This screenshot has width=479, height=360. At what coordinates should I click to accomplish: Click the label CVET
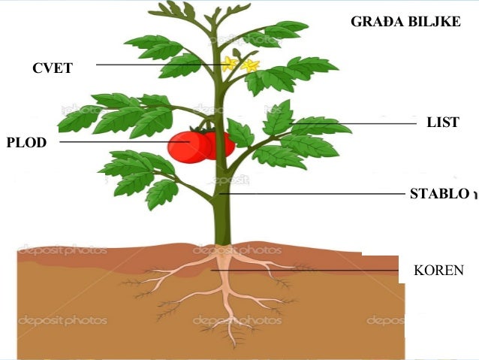(x=53, y=68)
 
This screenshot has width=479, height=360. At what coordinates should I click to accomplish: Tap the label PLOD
(x=26, y=142)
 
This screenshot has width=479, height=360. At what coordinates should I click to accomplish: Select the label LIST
(x=442, y=123)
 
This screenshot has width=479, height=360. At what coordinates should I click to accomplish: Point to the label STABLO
(x=438, y=194)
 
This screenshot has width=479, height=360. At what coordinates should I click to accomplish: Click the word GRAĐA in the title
(x=377, y=22)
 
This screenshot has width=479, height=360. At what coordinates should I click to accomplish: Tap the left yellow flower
(x=229, y=64)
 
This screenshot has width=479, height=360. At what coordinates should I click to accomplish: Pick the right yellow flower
(x=249, y=65)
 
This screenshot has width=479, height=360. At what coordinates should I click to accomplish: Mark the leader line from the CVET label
(x=150, y=65)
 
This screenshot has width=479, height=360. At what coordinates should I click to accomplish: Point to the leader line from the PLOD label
(x=113, y=141)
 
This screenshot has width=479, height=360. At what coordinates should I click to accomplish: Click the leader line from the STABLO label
(x=315, y=194)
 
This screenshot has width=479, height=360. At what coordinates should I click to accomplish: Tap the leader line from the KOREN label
(x=315, y=270)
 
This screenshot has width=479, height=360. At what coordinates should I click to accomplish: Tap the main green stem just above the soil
(x=222, y=233)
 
